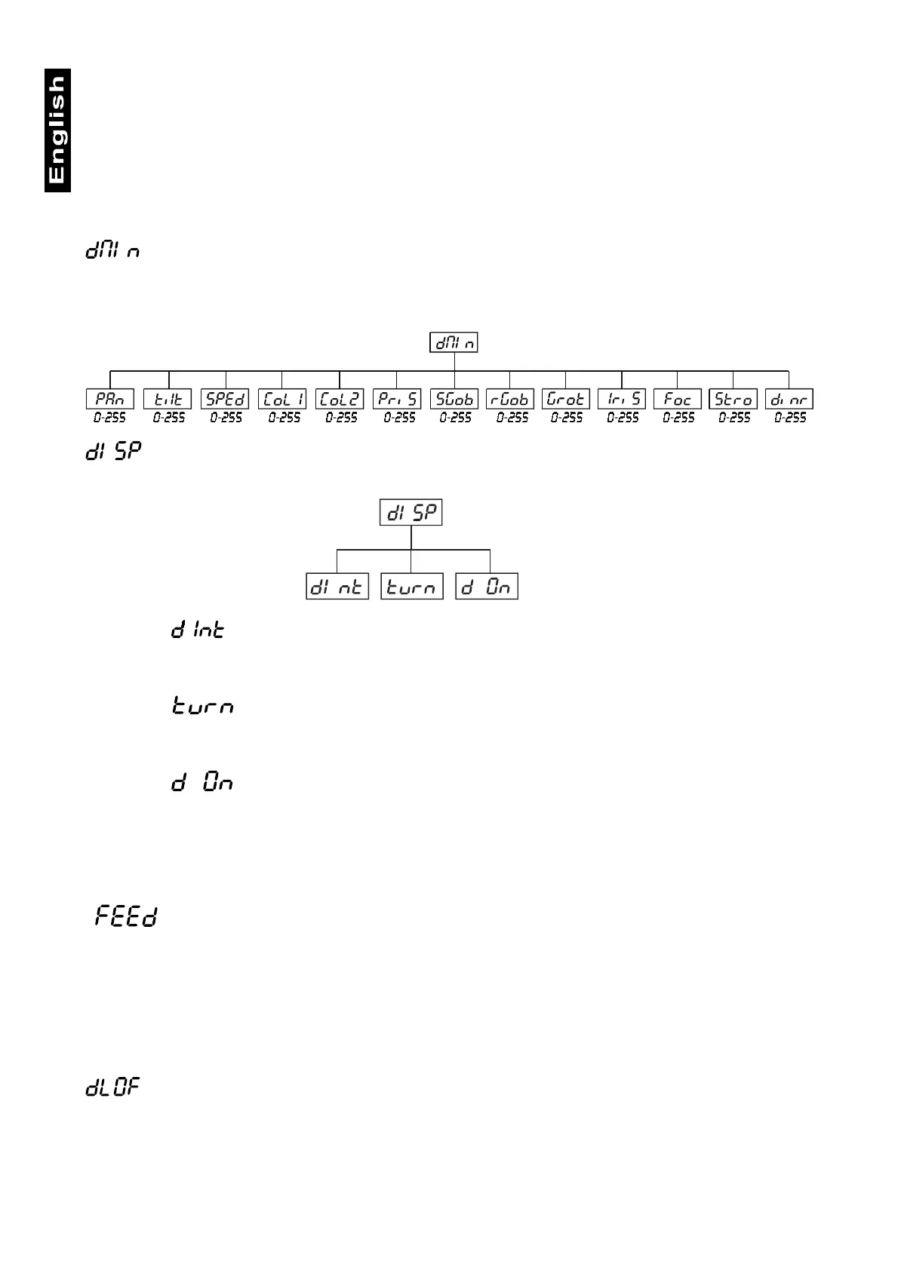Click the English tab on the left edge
pos(57,130)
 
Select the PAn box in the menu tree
pos(110,399)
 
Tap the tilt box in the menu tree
pos(168,399)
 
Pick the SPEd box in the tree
pos(225,399)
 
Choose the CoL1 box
pos(282,399)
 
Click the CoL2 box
pos(340,399)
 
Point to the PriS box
pos(397,399)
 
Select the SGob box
pos(454,399)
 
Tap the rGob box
pos(509,399)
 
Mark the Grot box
pos(566,399)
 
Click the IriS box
pos(622,399)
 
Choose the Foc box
pos(678,399)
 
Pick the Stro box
pos(733,399)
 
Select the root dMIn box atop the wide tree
pos(454,343)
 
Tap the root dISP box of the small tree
pos(411,513)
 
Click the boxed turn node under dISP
pos(411,587)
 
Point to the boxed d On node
pos(487,587)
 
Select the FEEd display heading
pos(126,917)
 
